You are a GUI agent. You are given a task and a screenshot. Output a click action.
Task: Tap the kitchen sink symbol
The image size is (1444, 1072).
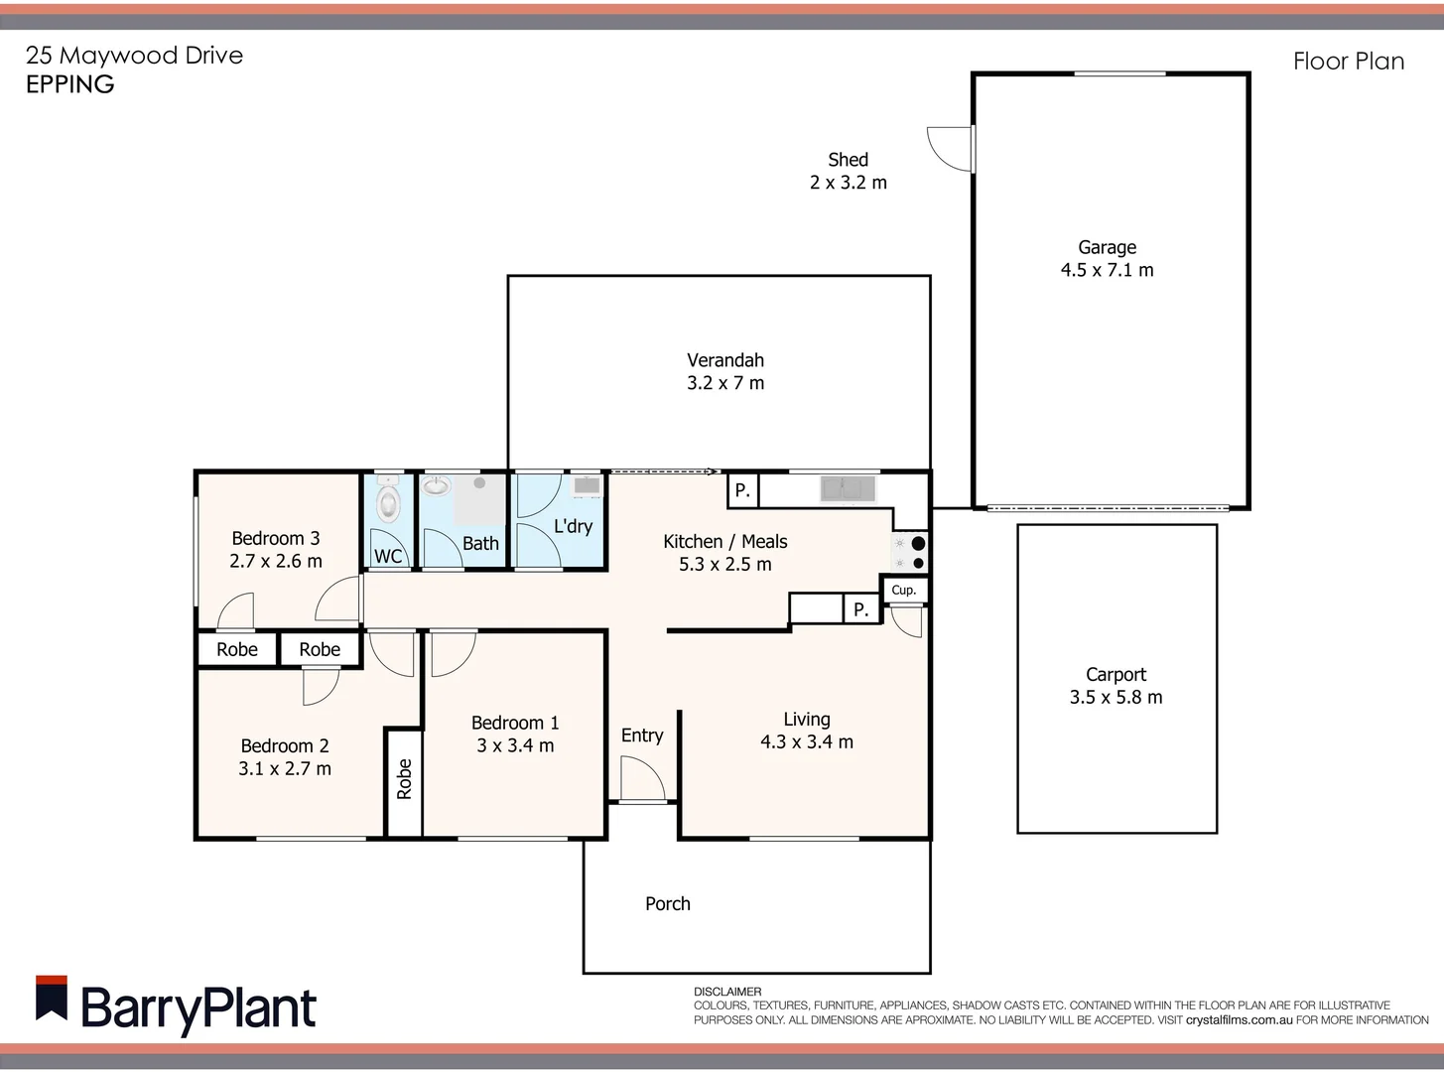pyautogui.click(x=848, y=488)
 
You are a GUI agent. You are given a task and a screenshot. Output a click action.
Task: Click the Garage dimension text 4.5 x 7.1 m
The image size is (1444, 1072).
pyautogui.click(x=1107, y=270)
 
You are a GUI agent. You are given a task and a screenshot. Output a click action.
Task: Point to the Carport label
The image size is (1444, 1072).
pyautogui.click(x=1116, y=674)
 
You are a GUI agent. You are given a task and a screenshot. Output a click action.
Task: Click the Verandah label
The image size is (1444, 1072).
pyautogui.click(x=725, y=360)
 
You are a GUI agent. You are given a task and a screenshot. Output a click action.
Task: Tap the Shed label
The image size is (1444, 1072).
pyautogui.click(x=848, y=160)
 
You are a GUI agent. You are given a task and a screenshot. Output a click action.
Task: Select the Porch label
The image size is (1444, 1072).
pyautogui.click(x=667, y=903)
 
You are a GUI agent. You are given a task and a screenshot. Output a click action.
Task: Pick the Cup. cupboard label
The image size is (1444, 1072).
pyautogui.click(x=903, y=590)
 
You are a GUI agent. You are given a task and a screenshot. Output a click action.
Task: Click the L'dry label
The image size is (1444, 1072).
pyautogui.click(x=573, y=526)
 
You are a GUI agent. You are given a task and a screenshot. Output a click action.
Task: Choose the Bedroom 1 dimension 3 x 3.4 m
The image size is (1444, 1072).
pyautogui.click(x=515, y=745)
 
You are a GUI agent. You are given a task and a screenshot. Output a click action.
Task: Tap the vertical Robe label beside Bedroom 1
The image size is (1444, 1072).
pyautogui.click(x=404, y=779)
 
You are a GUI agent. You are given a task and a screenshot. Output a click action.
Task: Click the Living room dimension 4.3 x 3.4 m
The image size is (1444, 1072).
pyautogui.click(x=806, y=741)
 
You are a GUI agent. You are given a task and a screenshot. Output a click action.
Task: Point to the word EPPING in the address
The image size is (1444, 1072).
pyautogui.click(x=69, y=84)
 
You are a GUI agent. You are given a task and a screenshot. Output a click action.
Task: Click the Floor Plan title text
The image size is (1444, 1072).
pyautogui.click(x=1348, y=62)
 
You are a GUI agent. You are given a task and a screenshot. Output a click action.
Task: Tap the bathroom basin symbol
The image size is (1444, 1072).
pyautogui.click(x=436, y=486)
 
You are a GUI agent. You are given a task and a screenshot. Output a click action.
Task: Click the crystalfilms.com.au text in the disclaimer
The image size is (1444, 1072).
pyautogui.click(x=1239, y=1019)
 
